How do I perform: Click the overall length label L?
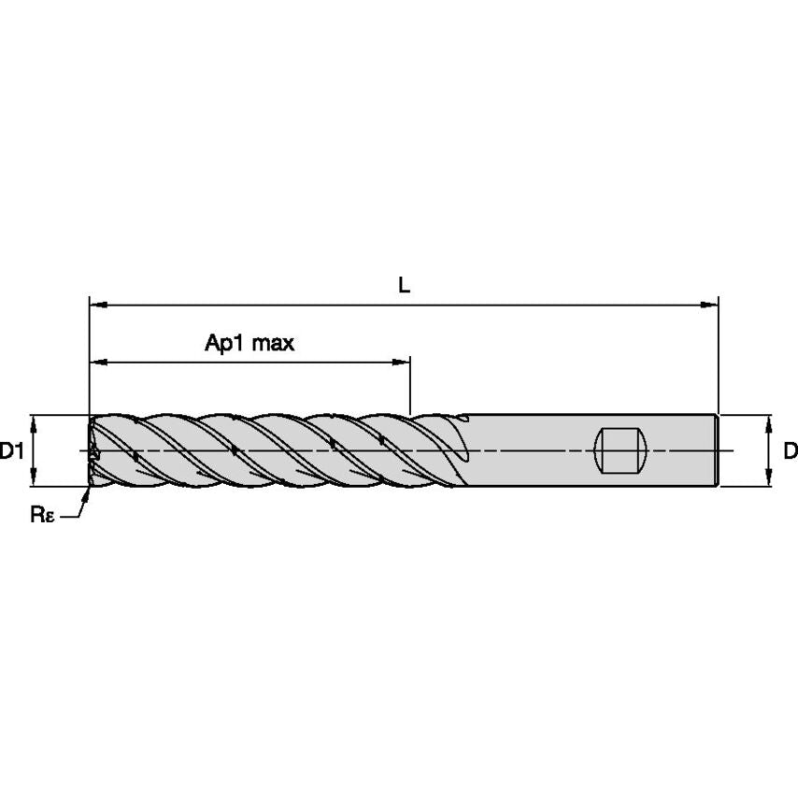point(404,286)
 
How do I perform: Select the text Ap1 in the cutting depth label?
point(221,343)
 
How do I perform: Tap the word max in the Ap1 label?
point(273,343)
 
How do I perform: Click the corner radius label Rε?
point(42,515)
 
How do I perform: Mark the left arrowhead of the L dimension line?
point(96,305)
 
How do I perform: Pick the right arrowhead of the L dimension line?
point(711,305)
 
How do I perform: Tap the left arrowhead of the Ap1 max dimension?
point(96,362)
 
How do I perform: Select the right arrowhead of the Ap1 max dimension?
point(404,362)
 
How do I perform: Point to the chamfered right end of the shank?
point(716,450)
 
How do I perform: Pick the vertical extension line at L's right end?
point(718,355)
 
